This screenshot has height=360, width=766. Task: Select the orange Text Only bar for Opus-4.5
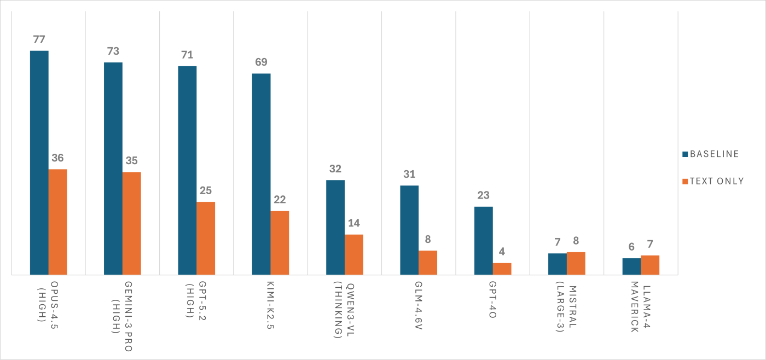click(x=57, y=222)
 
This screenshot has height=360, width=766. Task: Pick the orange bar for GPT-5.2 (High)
click(x=206, y=238)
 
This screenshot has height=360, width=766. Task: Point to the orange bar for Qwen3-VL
click(x=353, y=254)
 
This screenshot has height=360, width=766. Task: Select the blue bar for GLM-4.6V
click(x=409, y=230)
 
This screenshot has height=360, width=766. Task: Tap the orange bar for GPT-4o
click(x=502, y=269)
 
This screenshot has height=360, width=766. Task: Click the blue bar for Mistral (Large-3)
click(x=557, y=264)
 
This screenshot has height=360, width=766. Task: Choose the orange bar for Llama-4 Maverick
click(x=650, y=265)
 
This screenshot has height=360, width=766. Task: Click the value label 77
click(x=39, y=39)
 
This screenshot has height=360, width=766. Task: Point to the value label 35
click(x=131, y=161)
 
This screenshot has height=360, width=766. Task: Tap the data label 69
click(x=261, y=62)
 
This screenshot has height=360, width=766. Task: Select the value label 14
click(x=353, y=223)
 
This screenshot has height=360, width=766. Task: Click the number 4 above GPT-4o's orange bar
click(x=502, y=252)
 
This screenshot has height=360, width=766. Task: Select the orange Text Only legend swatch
click(x=685, y=181)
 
